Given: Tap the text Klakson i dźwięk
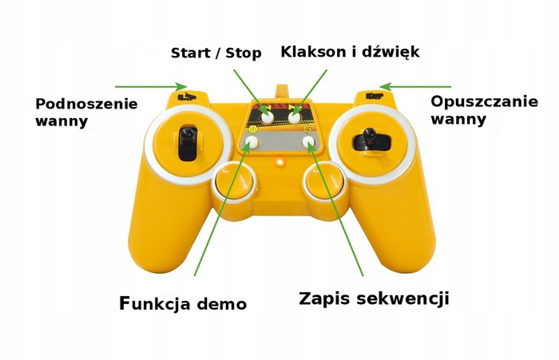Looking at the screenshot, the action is [350, 52].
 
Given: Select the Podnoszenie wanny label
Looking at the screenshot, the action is [86, 113].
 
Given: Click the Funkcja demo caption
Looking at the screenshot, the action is [182, 303].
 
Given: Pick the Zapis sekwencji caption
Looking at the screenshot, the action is [374, 299].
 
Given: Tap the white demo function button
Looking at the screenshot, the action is [252, 143].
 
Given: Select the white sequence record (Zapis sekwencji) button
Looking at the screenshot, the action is [310, 143].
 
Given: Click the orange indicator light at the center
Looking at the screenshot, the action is [279, 164].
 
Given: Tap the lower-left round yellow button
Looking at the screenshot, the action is [231, 183].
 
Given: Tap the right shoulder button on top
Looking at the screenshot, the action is [372, 97].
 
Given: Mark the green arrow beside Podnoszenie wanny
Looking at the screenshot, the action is [151, 86].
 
